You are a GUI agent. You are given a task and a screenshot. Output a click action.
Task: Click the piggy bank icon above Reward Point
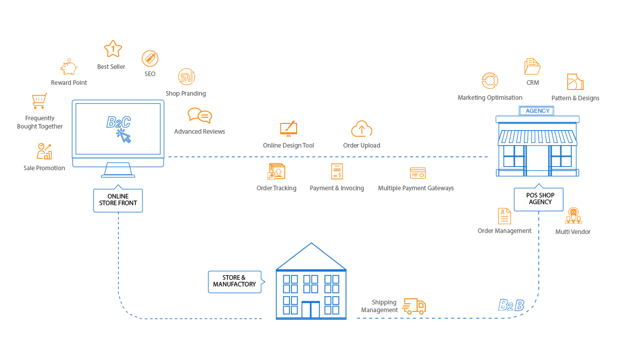[x=69, y=67]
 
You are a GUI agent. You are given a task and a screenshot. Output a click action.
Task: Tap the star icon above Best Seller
[x=113, y=49]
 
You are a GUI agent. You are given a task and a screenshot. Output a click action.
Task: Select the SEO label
[x=150, y=74]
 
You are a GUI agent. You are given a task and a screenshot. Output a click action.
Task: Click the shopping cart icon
[x=40, y=101]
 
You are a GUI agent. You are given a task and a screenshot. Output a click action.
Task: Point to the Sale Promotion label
[x=44, y=168]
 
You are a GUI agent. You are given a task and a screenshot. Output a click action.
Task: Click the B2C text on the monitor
[x=118, y=122]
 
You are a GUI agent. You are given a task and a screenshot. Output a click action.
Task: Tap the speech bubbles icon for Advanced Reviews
[x=199, y=115]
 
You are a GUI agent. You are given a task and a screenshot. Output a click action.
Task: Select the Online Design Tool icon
[x=288, y=129]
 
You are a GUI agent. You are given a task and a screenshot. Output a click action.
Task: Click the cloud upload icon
[x=362, y=129]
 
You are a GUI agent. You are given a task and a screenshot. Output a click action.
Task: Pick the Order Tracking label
[x=276, y=188]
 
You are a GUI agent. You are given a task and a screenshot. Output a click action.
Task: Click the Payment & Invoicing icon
[x=337, y=171]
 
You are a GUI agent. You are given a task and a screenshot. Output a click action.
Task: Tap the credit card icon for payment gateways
[x=418, y=173]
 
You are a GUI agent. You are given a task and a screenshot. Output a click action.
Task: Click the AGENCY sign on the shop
[x=537, y=111]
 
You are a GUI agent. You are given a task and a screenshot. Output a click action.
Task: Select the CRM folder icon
[x=532, y=67]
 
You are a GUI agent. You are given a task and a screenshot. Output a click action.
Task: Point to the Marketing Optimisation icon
[x=490, y=81]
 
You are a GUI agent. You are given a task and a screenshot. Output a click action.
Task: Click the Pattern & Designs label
[x=575, y=98]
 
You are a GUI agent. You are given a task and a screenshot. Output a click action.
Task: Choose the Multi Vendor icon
[x=573, y=215]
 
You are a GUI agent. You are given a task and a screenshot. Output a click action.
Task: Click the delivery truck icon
[x=414, y=306]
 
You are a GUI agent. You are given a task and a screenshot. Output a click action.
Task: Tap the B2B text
[x=511, y=305]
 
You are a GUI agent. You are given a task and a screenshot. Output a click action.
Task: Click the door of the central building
[x=311, y=310]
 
